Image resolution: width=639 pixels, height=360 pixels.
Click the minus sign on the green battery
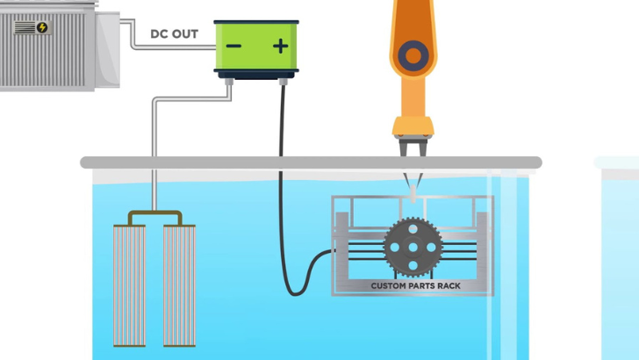point(233,46)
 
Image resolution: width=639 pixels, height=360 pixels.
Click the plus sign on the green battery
point(280,46)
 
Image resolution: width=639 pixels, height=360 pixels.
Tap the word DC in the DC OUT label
point(159,34)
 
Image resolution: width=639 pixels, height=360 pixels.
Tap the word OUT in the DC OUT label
point(184,34)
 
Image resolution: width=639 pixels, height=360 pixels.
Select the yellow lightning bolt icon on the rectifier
point(42,27)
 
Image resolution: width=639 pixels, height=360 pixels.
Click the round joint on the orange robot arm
point(413,56)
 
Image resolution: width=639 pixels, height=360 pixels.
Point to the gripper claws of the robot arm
point(413,148)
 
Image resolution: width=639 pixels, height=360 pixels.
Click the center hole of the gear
point(413,247)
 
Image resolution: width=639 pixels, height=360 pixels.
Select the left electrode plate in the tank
point(130,285)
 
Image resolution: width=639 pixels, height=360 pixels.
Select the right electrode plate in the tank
point(179,285)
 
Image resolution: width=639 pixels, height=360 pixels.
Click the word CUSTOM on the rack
point(388,285)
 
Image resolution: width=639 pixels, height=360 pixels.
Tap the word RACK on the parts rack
point(449,285)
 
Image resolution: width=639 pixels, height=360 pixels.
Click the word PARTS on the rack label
point(421,285)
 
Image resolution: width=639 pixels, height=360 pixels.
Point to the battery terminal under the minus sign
point(229,82)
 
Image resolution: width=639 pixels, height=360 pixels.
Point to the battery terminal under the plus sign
point(284,82)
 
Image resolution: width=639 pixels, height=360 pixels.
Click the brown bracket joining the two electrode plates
point(154,212)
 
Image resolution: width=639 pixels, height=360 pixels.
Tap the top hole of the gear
point(413,228)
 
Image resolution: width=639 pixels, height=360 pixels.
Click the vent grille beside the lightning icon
point(25,28)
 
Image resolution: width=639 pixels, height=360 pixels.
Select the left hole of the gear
point(394,247)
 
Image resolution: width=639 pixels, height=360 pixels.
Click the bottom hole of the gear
point(413,265)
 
